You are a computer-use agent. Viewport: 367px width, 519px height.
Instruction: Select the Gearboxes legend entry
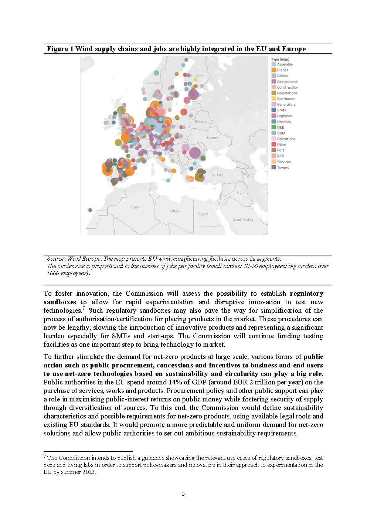click(x=285, y=99)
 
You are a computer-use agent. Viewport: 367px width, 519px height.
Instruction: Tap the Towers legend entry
click(x=283, y=167)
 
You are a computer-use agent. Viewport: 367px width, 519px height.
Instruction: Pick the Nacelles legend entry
click(x=283, y=122)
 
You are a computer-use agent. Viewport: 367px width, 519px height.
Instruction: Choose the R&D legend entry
click(x=281, y=156)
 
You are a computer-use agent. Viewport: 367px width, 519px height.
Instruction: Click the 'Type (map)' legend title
click(x=280, y=59)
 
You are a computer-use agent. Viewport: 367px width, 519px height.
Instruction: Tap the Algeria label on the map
click(x=136, y=207)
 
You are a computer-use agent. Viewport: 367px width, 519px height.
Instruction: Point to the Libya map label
click(x=174, y=211)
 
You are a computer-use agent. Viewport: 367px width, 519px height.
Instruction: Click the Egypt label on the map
click(x=203, y=214)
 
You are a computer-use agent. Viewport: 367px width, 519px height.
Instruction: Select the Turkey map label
click(x=217, y=174)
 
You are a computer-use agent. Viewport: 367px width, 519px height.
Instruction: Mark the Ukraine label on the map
click(x=212, y=138)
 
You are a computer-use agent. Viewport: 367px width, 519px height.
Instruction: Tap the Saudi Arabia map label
click(x=243, y=220)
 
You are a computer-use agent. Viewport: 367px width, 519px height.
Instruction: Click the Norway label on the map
click(x=153, y=83)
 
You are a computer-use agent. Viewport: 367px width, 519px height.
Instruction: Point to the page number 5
click(x=183, y=493)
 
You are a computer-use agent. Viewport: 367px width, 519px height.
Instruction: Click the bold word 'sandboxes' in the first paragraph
click(x=60, y=302)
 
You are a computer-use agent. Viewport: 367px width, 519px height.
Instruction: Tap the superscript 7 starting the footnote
click(x=44, y=457)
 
